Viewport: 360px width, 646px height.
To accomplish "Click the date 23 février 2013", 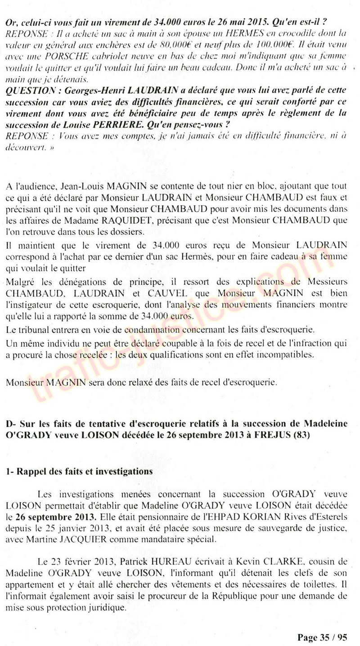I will pos(69,570).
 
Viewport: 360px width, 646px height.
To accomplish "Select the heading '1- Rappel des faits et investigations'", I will pos(79,471).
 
